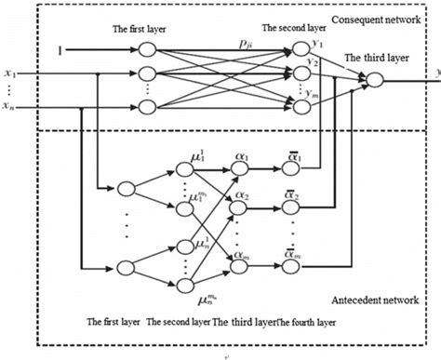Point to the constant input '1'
pos(60,43)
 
